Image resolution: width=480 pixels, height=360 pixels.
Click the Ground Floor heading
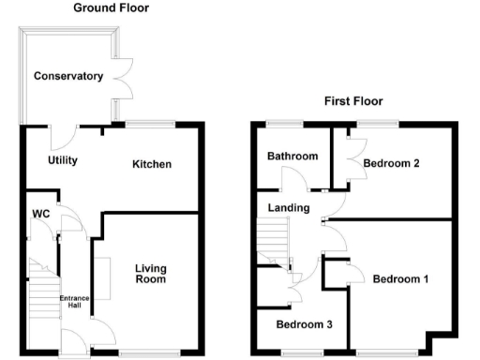111,8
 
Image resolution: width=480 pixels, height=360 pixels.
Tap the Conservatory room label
67,76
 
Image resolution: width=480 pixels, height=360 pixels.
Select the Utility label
63,160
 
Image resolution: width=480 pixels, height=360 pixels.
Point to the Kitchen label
152,164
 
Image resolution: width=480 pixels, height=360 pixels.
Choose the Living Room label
149,273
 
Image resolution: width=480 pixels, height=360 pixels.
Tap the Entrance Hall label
74,302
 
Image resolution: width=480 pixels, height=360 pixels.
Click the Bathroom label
292,156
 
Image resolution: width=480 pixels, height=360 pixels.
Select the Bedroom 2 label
391,163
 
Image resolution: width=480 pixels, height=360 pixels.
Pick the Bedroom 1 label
400,278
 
